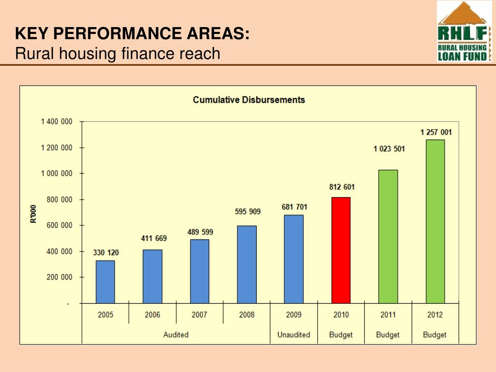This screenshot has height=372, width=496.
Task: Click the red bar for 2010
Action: pos(341,250)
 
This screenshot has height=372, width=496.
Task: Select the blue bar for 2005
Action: pos(105,281)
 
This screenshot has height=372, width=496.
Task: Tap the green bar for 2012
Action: pos(435,221)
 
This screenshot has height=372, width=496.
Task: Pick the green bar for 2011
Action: pos(388,236)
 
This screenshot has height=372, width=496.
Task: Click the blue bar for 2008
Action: pos(247,264)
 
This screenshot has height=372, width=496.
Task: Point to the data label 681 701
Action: pos(294,207)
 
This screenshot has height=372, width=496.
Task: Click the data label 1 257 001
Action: pos(436,132)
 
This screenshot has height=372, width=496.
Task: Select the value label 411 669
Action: pos(154,238)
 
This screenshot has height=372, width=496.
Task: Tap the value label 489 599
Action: pos(200,232)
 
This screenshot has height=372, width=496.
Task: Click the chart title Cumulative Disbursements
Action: pos(248,100)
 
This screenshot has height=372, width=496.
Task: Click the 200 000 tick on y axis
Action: pos(59,277)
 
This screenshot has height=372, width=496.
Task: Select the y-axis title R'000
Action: pos(33,214)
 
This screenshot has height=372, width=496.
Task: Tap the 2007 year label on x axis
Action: pos(199,315)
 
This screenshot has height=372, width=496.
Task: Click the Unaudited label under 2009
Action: pos(294,335)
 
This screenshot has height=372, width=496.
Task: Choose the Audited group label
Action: pos(176,335)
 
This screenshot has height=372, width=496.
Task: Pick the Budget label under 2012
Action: pos(434,335)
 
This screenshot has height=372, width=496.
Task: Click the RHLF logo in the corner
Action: pos(464,31)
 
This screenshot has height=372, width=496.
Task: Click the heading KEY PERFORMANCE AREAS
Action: pos(132,34)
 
